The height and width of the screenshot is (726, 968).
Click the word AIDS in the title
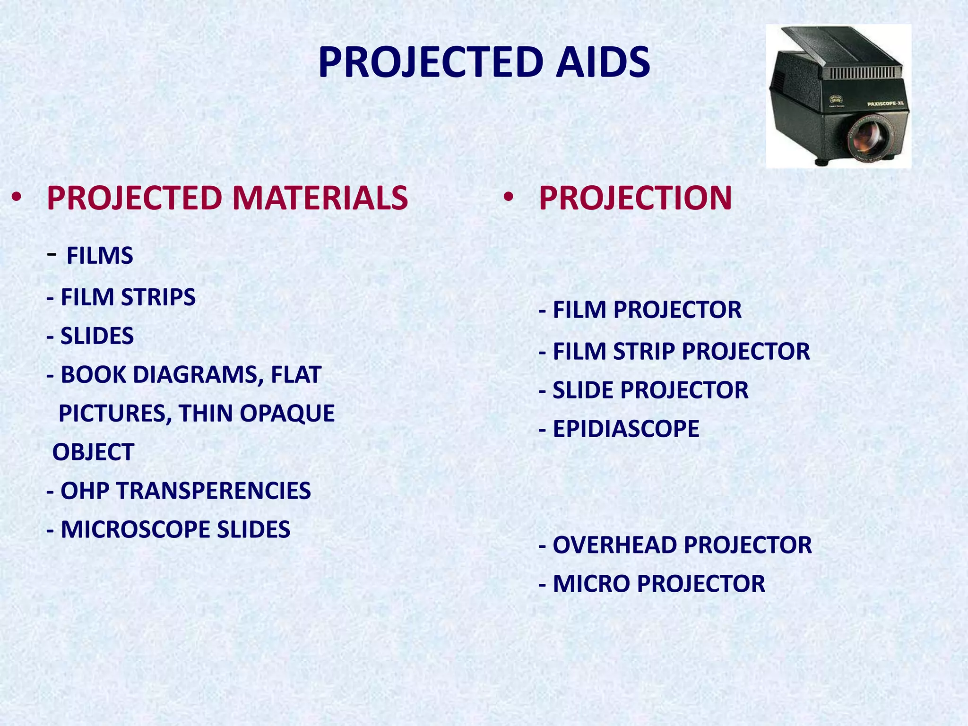[603, 62]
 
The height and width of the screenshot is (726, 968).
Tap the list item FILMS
[100, 256]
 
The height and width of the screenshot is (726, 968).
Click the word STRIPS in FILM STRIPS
[158, 297]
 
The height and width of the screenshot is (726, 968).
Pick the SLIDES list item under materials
[97, 336]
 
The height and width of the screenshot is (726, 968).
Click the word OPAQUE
[287, 414]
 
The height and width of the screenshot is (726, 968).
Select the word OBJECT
[93, 452]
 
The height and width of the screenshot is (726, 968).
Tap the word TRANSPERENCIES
[214, 491]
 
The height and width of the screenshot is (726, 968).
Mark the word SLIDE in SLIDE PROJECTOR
[583, 390]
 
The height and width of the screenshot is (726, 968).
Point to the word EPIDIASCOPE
[625, 429]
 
